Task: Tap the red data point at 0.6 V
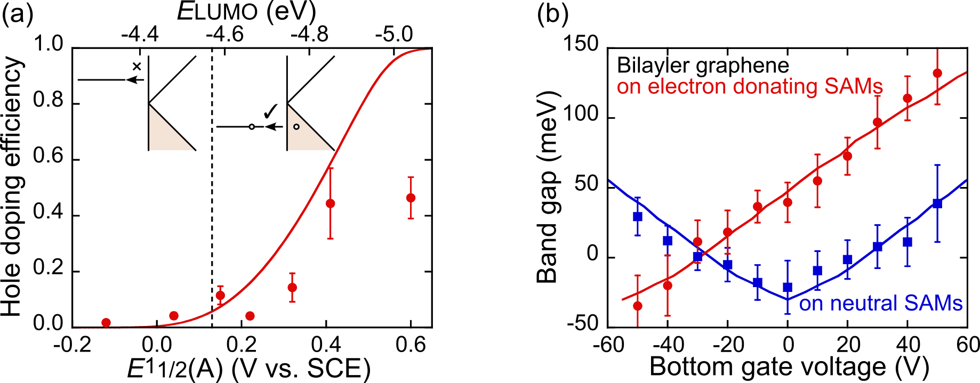coord(411,198)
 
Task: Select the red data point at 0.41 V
coord(330,203)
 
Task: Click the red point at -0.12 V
coord(106,322)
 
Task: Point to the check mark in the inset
coord(271,111)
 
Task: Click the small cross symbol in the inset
coord(137,67)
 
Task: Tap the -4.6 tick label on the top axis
coord(224,35)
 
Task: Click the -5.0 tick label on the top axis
coord(393,35)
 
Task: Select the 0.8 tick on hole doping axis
coord(48,101)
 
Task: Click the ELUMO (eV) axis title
coord(246,12)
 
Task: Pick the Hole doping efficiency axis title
coord(13,186)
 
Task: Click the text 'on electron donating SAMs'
coord(749,86)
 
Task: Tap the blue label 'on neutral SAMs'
coord(880,303)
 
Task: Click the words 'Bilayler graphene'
coord(703,66)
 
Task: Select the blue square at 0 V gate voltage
coord(788,288)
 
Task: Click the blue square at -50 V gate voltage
coord(638,216)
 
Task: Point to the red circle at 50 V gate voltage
coord(937,73)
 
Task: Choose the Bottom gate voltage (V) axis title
coord(789,368)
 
